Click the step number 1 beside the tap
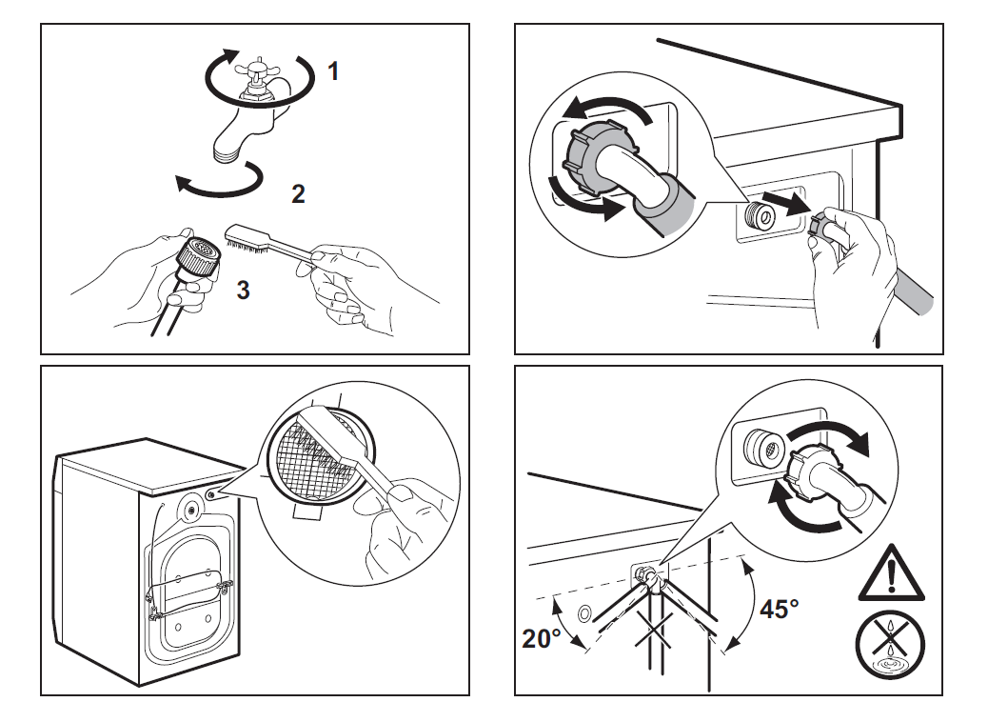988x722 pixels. (333, 71)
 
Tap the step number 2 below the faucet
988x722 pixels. (298, 195)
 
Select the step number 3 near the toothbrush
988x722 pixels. (244, 291)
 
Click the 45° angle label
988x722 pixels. (780, 609)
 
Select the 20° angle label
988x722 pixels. (543, 639)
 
